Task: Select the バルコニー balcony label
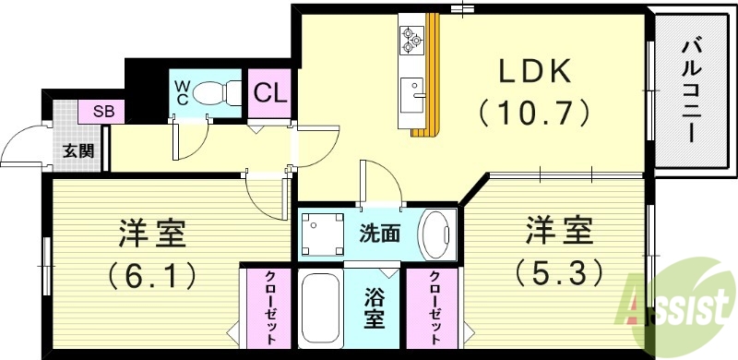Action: coord(691,88)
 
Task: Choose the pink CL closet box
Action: coord(268,93)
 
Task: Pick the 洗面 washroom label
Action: coord(379,234)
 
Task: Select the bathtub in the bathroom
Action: coord(321,313)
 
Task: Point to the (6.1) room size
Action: coord(152,273)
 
